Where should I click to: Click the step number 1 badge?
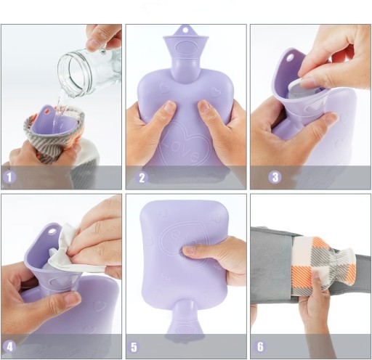pyautogui.click(x=9, y=177)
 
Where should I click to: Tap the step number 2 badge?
pyautogui.click(x=142, y=178)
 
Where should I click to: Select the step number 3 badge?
pyautogui.click(x=275, y=177)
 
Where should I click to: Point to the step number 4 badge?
pyautogui.click(x=9, y=347)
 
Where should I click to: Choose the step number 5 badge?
pyautogui.click(x=134, y=347)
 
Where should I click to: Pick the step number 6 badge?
pyautogui.click(x=260, y=346)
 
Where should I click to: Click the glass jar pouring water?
pyautogui.click(x=89, y=70)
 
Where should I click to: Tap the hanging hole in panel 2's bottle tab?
pyautogui.click(x=186, y=30)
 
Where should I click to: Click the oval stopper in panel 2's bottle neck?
pyautogui.click(x=186, y=47)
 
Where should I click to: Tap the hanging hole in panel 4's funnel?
pyautogui.click(x=52, y=231)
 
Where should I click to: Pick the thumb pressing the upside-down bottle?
pyautogui.click(x=194, y=251)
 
